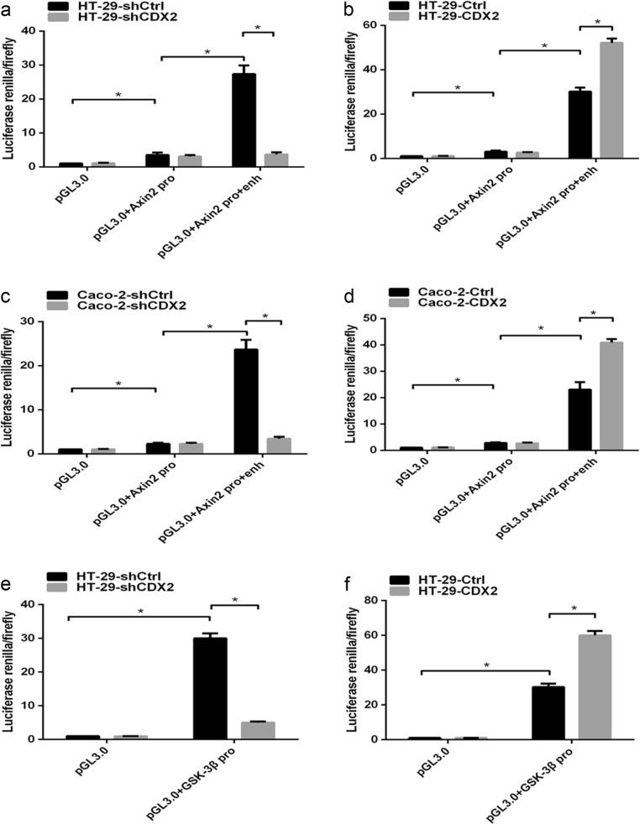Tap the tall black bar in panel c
coord(245,401)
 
